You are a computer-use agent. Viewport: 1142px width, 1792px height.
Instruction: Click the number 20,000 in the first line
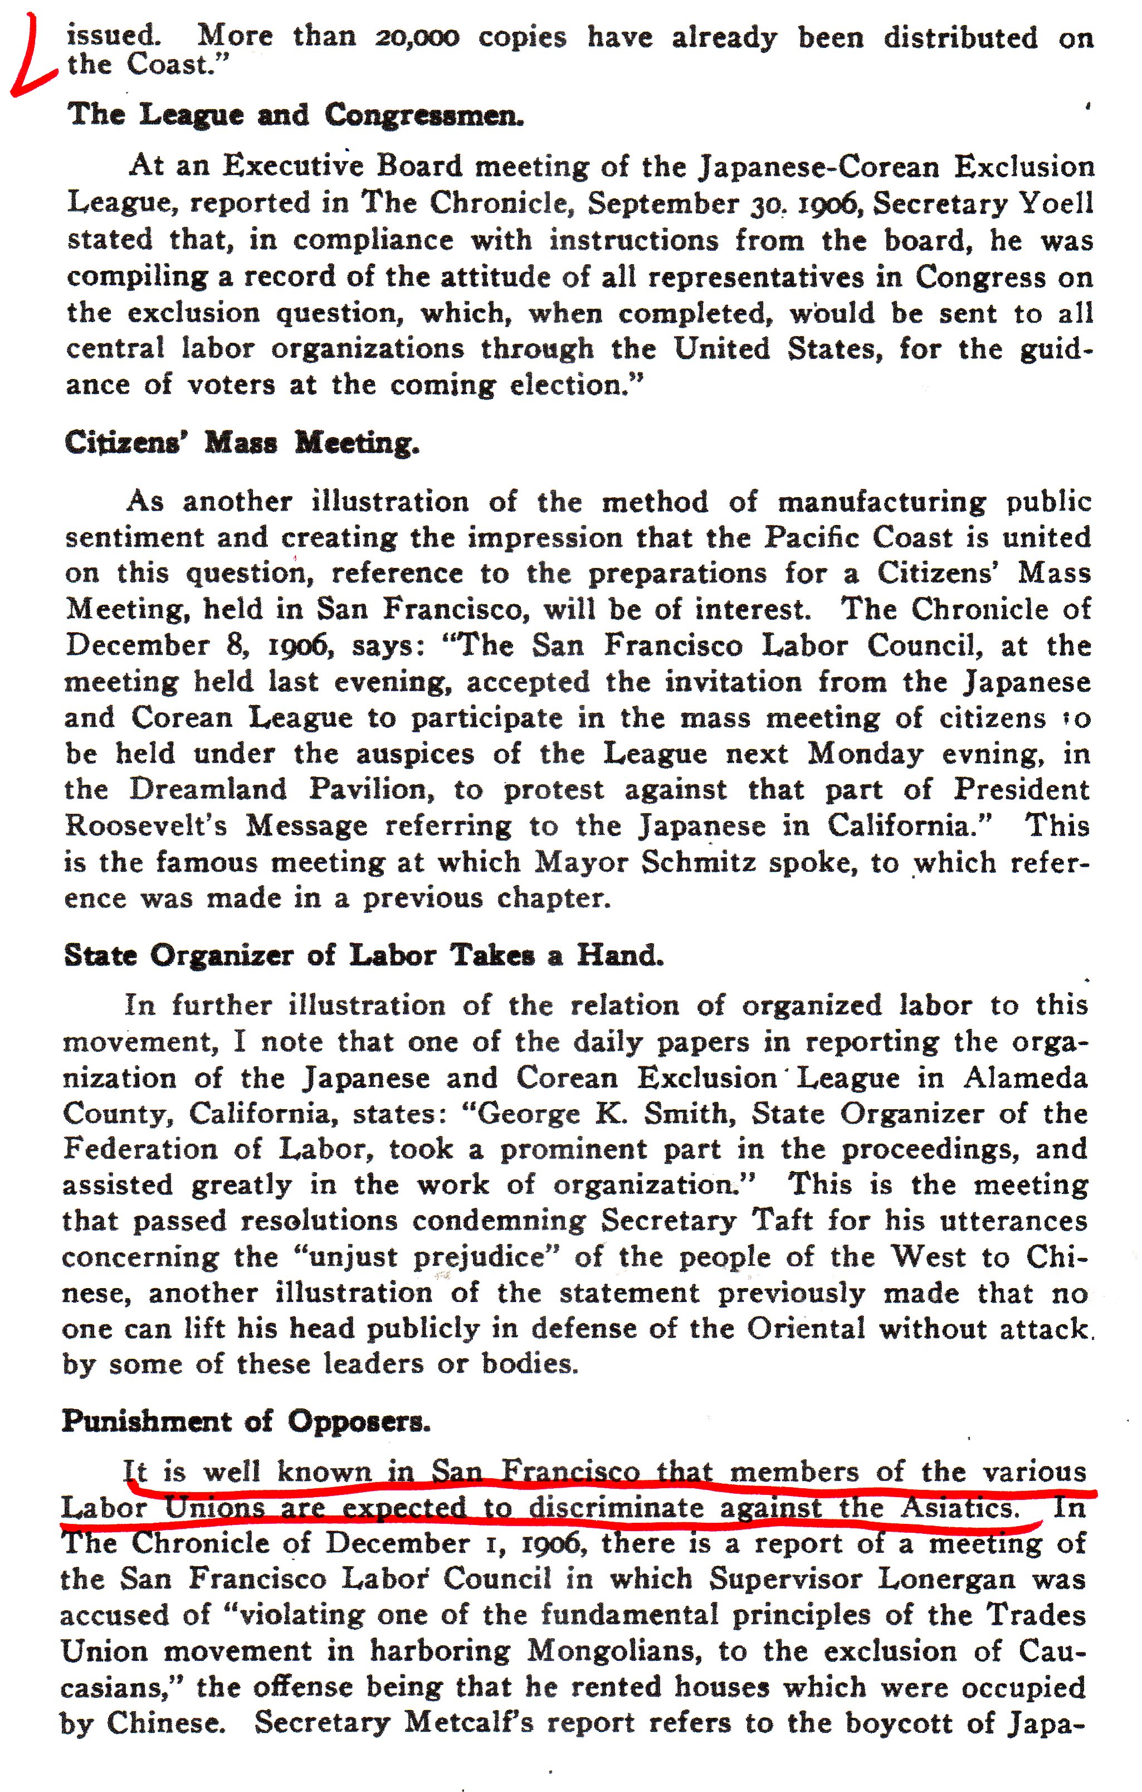(417, 37)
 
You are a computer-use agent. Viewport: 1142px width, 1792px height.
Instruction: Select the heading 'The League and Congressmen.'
(295, 115)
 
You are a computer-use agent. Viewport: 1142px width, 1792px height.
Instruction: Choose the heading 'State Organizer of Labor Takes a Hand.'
(363, 955)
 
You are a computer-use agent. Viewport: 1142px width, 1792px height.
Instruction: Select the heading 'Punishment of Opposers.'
(246, 1421)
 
